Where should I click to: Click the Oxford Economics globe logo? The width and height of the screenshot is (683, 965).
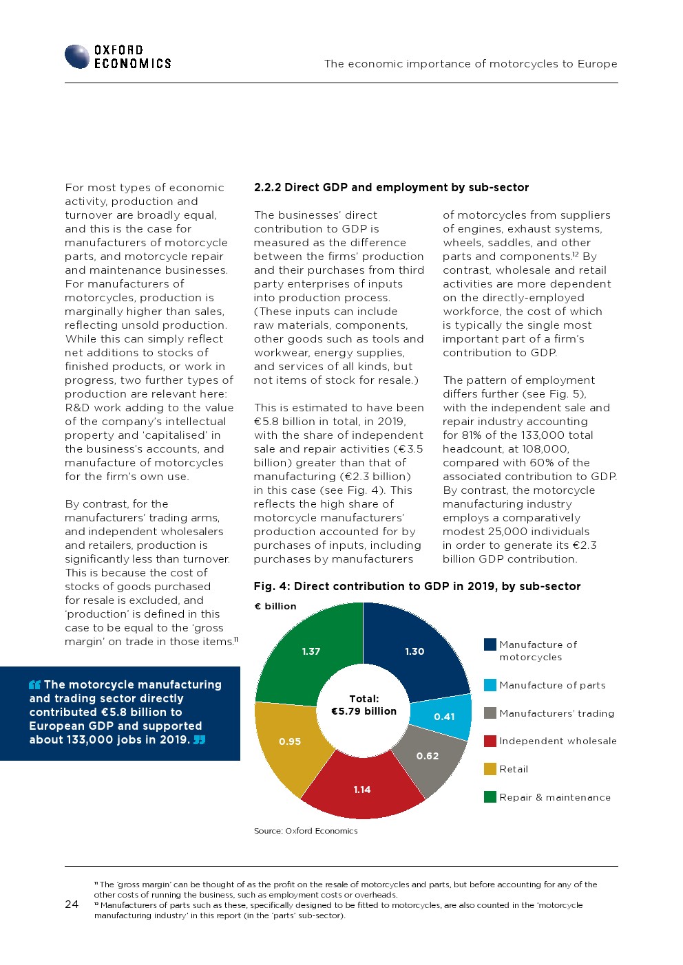point(77,56)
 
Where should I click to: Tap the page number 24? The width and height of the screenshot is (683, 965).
point(72,904)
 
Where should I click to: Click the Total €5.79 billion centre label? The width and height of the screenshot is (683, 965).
point(364,705)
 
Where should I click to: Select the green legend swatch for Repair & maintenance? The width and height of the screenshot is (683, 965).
point(490,797)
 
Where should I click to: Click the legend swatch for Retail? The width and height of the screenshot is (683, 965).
point(490,769)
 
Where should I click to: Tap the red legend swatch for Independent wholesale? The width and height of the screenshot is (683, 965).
point(490,741)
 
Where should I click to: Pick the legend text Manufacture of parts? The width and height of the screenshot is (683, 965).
point(552,685)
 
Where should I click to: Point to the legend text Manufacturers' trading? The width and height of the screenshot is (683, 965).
point(556,713)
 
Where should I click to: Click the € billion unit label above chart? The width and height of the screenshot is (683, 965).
point(275,606)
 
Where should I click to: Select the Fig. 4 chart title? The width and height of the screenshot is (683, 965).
point(417,586)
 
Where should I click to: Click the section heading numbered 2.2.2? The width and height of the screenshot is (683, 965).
point(391,187)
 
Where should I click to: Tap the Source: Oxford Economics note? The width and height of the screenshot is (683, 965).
point(306,831)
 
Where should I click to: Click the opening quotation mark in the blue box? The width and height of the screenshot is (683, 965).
point(35,685)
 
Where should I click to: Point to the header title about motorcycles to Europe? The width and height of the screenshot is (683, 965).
point(470,64)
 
